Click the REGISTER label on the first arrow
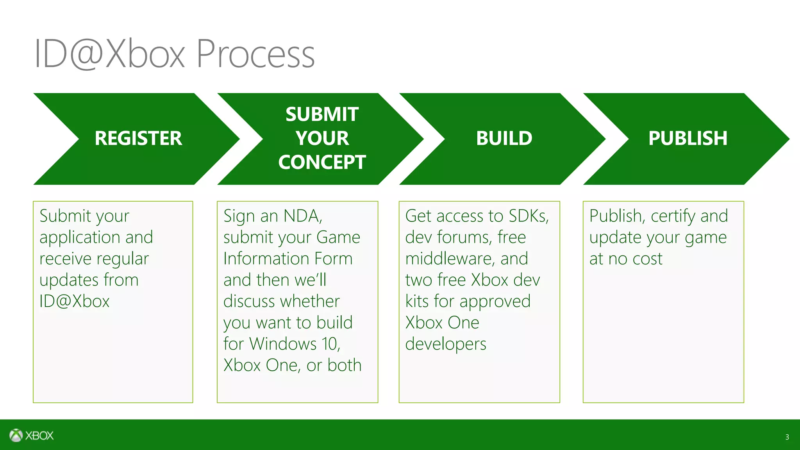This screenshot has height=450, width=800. (138, 138)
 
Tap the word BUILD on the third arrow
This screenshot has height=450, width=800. (504, 138)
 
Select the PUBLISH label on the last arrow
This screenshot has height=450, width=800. (687, 138)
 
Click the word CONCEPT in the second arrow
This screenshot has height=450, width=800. (322, 162)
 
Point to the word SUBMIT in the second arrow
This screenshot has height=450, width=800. (322, 114)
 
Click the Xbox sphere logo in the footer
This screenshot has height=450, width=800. (16, 435)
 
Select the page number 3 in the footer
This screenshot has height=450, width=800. (787, 437)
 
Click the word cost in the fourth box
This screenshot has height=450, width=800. (647, 259)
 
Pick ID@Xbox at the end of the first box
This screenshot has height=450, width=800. (74, 301)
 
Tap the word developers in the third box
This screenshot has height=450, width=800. (446, 344)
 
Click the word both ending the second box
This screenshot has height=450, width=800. (345, 365)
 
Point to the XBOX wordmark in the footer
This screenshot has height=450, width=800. (39, 436)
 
